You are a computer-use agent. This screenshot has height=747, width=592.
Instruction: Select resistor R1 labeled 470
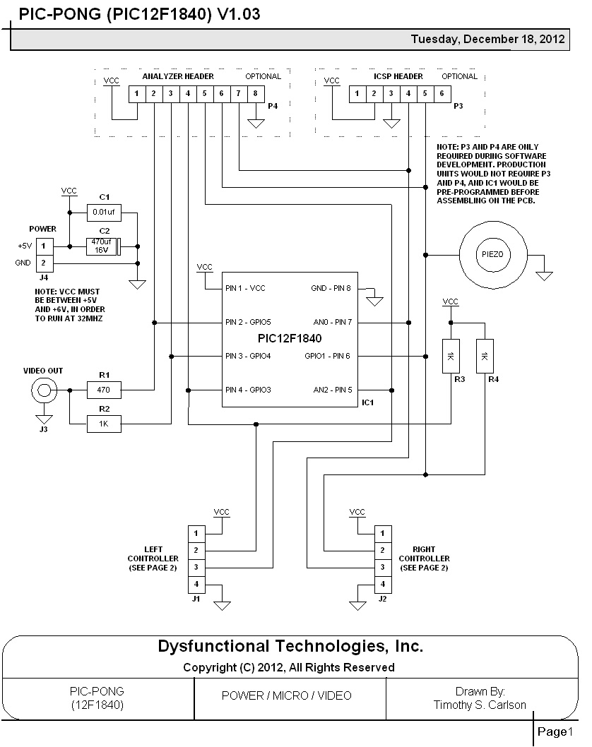[x=104, y=389]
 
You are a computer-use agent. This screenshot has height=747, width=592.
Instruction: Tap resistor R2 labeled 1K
[x=104, y=424]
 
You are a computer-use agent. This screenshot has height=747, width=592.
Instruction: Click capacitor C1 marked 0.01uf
[x=104, y=211]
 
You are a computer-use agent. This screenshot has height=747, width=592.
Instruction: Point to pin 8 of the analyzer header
[x=255, y=94]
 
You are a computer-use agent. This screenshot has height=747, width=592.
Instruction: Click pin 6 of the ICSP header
[x=442, y=94]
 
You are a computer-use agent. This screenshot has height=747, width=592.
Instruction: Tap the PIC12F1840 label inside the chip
[x=290, y=338]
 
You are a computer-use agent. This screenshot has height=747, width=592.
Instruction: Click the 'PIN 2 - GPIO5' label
[x=252, y=323]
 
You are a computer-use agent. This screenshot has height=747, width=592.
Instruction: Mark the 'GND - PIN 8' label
[x=331, y=289]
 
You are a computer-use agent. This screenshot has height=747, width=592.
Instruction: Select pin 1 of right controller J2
[x=382, y=533]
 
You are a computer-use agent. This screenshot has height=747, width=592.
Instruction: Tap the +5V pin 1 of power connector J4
[x=45, y=246]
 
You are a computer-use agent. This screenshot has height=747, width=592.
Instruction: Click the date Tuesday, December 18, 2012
[x=488, y=40]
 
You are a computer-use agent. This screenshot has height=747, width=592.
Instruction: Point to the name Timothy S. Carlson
[x=480, y=705]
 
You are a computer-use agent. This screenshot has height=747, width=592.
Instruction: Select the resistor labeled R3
[x=450, y=357]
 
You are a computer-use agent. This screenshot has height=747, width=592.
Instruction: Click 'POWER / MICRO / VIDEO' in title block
[x=286, y=695]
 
